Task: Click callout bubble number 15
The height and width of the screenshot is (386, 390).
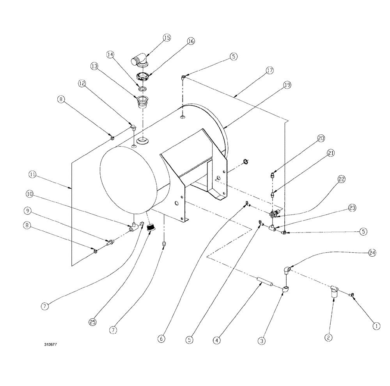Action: pos(167,38)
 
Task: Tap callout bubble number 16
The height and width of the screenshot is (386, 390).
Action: pos(191,41)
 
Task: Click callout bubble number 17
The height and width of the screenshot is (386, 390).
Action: pos(269,70)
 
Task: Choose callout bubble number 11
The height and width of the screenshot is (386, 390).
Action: pos(32,176)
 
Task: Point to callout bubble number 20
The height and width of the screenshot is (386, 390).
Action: pos(321,138)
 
